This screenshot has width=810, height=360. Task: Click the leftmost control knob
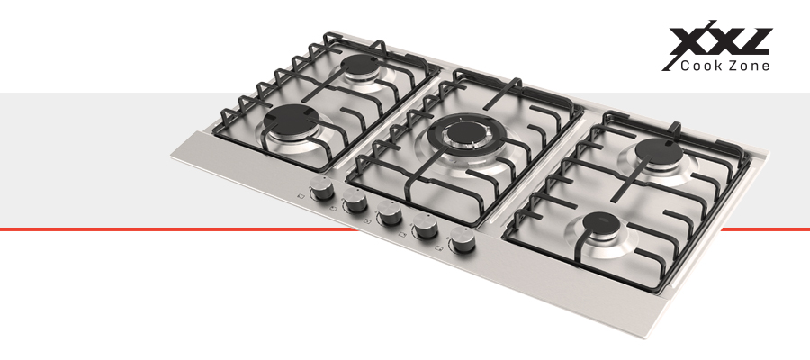321,187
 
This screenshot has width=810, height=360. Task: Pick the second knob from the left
355,201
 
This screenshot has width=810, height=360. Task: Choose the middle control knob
389,212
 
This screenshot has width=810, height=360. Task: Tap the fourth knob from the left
425,226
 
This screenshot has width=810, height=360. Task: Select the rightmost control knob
462,239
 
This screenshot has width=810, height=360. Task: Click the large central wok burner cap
465,132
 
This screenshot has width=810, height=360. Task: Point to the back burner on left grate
360,65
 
